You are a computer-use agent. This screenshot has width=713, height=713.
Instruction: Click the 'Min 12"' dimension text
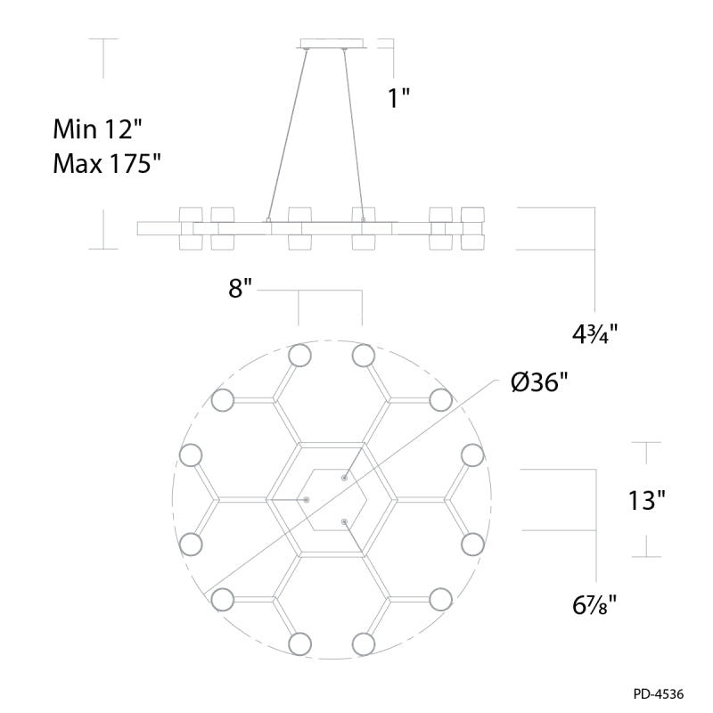[x=98, y=129]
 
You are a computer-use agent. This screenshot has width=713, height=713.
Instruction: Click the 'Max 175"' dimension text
[x=107, y=163]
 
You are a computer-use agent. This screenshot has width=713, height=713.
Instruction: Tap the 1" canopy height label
[x=398, y=98]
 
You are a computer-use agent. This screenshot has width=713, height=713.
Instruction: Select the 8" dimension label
[x=240, y=288]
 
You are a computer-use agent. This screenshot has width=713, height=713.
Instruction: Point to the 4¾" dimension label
[x=595, y=334]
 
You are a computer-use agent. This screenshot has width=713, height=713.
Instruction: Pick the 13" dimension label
[x=647, y=500]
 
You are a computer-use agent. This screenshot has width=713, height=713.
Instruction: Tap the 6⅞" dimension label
[x=594, y=605]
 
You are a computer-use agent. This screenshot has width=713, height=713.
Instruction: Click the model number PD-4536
[x=659, y=694]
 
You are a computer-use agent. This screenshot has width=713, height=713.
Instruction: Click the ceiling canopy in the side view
[x=332, y=43]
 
